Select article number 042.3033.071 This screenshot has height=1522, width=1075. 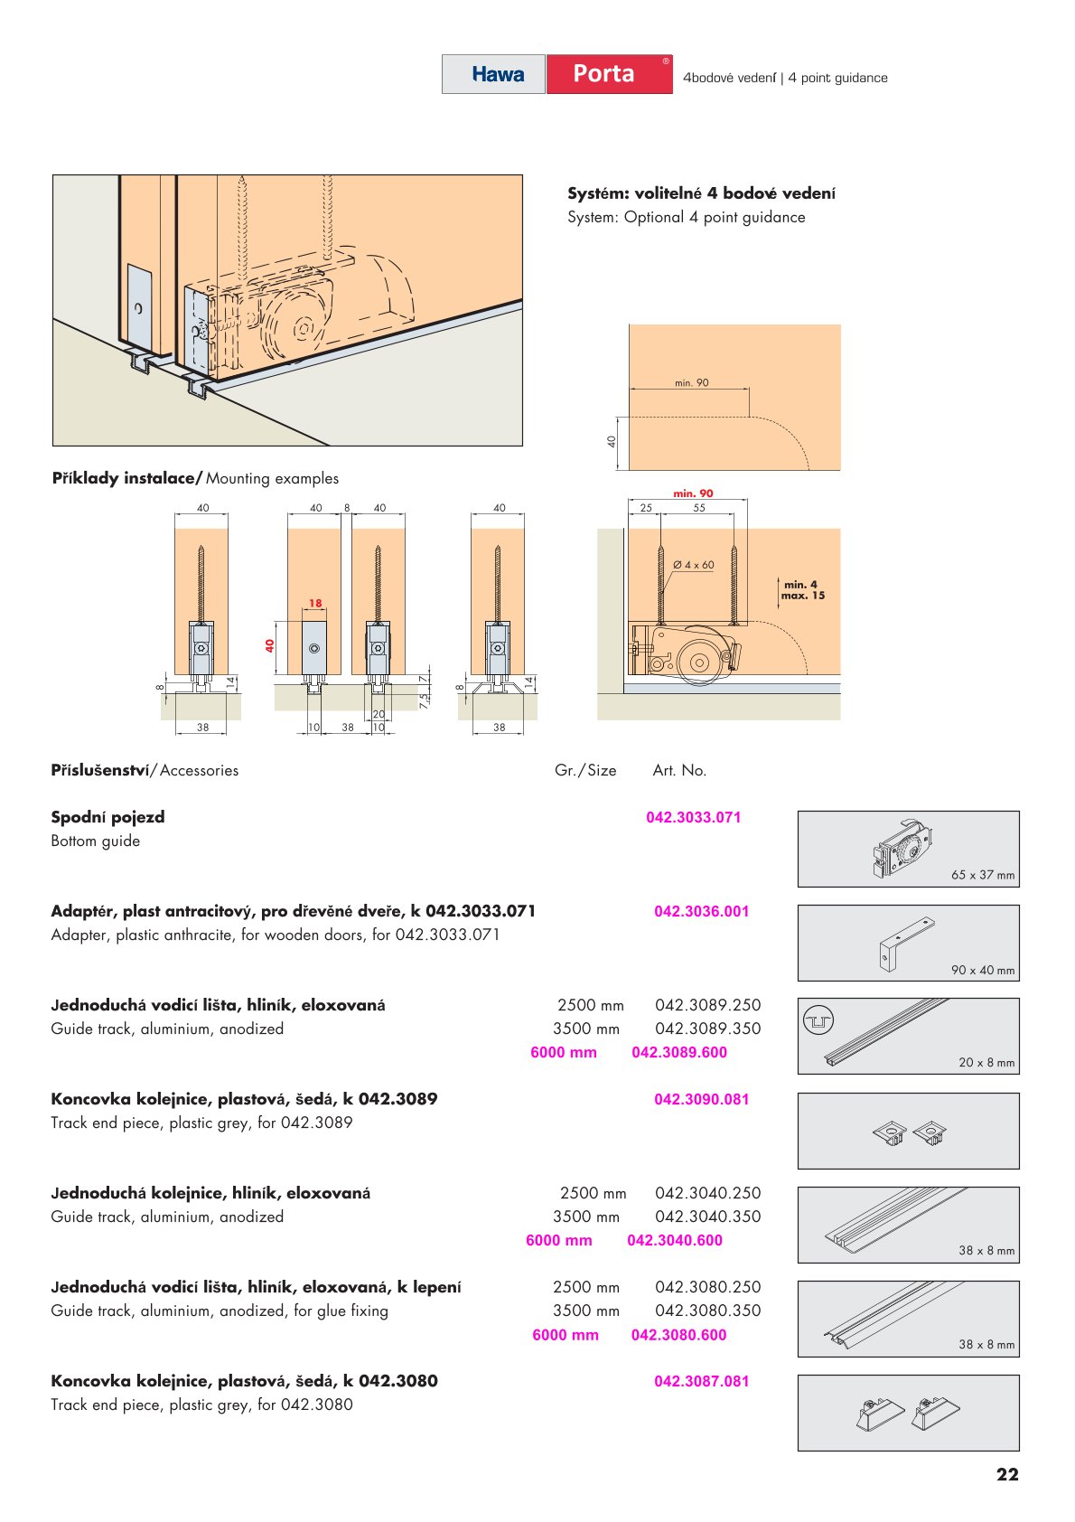tap(693, 817)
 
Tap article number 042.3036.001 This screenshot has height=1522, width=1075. tap(701, 911)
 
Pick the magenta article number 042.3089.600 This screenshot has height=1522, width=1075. tap(678, 1052)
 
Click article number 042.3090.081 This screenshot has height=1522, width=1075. tap(701, 1099)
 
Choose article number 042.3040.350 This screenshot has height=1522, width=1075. tap(707, 1217)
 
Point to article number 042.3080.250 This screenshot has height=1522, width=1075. tap(707, 1287)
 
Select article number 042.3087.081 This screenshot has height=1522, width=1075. tap(701, 1381)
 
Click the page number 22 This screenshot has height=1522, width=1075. tap(1007, 1475)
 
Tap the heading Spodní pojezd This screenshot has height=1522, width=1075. tap(107, 817)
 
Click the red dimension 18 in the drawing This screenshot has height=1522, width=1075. tap(314, 603)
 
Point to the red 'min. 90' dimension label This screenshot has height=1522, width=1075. tap(693, 493)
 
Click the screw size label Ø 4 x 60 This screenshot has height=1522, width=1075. tap(693, 565)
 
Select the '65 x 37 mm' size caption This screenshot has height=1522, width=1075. tap(982, 875)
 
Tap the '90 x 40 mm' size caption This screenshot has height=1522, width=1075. tap(982, 970)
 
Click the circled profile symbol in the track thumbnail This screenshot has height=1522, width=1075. tap(818, 1021)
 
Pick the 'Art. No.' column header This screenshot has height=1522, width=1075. tap(679, 770)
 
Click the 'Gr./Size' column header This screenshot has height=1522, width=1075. tap(585, 770)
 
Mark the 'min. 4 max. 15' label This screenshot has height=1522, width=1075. tap(802, 589)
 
